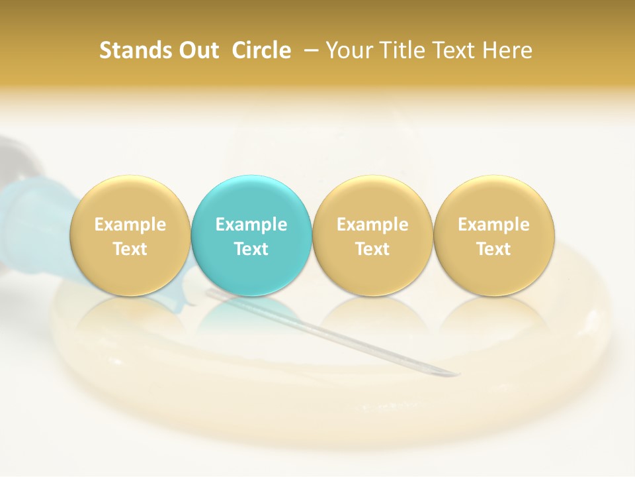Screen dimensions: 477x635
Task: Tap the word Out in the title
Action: click(x=198, y=50)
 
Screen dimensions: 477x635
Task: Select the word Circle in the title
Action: click(x=261, y=50)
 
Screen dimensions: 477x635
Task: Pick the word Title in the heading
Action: click(x=406, y=50)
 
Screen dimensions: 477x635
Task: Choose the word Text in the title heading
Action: click(x=459, y=50)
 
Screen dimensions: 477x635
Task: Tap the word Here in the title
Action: click(x=509, y=50)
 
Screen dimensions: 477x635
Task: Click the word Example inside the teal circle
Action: click(x=251, y=225)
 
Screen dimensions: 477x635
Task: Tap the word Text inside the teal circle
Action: click(x=251, y=249)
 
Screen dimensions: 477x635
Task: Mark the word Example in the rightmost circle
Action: click(x=493, y=225)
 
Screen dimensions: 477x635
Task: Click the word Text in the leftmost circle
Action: click(x=130, y=249)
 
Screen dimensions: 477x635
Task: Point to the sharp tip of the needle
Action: click(x=457, y=376)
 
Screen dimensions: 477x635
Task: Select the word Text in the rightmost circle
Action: click(x=493, y=249)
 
